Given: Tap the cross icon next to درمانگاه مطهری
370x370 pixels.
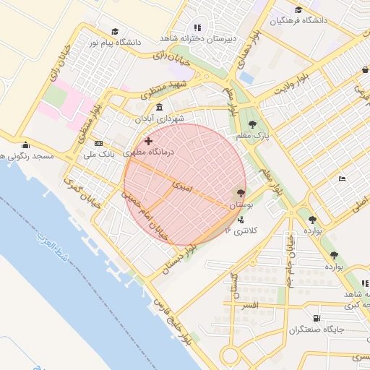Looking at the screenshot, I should point(149,141).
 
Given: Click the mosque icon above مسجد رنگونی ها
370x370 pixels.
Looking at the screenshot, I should point(26,144).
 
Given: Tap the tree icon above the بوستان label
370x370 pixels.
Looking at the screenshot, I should point(241,193).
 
